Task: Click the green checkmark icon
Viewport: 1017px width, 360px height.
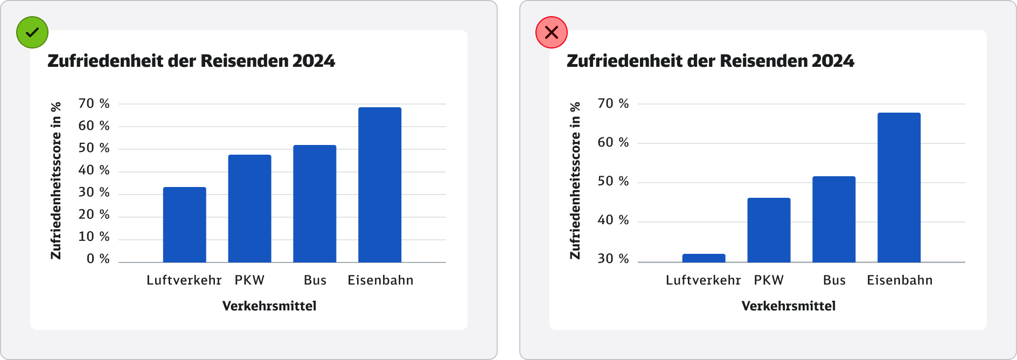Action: (32, 32)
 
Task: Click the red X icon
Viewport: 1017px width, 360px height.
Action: (551, 32)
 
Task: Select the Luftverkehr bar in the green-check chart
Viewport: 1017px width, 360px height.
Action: (184, 225)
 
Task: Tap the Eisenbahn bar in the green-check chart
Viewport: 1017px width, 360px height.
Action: (380, 185)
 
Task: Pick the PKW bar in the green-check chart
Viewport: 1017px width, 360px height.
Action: (249, 209)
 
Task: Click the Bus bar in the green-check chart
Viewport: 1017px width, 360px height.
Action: (315, 204)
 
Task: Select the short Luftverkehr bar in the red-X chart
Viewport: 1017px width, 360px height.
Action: (703, 258)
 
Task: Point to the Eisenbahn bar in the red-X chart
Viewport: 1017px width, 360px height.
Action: (898, 188)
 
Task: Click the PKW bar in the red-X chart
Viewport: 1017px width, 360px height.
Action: (769, 230)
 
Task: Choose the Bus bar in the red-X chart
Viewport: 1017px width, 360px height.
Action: (834, 219)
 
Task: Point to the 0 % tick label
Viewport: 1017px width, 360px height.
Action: (98, 259)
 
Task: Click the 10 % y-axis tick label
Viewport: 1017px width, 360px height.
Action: (94, 237)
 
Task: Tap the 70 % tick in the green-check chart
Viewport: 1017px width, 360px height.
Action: (94, 103)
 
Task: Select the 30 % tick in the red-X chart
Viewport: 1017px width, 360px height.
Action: (613, 259)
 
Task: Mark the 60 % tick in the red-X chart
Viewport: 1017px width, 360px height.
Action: (613, 142)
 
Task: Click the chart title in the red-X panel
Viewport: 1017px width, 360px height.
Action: (710, 61)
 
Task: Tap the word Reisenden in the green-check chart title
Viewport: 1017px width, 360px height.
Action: (245, 61)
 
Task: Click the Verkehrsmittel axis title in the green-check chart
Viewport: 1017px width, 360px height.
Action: (269, 306)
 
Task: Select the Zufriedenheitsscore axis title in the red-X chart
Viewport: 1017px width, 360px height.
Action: (575, 181)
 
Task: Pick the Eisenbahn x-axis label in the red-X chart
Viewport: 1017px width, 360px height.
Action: (900, 280)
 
